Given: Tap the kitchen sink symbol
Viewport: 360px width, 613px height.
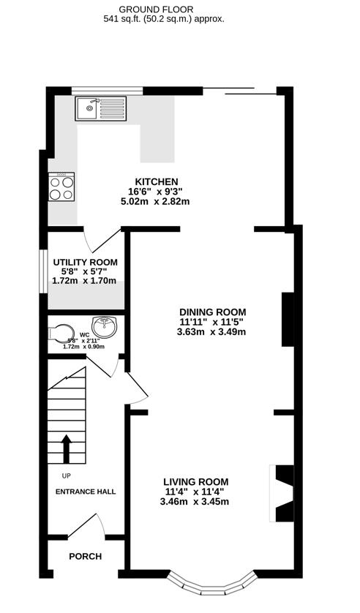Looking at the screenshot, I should pyautogui.click(x=101, y=109).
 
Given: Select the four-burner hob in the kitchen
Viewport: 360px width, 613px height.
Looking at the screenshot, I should pyautogui.click(x=61, y=187).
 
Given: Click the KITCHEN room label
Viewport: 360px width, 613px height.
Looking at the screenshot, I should pyautogui.click(x=156, y=181).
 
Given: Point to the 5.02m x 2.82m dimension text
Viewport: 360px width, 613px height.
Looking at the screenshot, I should pyautogui.click(x=155, y=201).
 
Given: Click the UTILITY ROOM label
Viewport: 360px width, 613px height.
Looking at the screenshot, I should pyautogui.click(x=84, y=262).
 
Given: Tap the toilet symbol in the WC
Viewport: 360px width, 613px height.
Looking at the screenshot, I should pyautogui.click(x=61, y=334).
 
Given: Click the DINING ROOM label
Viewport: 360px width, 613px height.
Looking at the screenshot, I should pyautogui.click(x=211, y=311).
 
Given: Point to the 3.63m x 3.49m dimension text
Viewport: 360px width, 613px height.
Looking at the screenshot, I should pyautogui.click(x=211, y=331).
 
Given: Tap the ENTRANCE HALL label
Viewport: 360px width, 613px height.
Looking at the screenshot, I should pyautogui.click(x=86, y=492).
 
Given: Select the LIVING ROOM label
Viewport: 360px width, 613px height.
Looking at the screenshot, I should pyautogui.click(x=195, y=481).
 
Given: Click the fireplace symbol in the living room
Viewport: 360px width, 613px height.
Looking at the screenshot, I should pyautogui.click(x=282, y=493).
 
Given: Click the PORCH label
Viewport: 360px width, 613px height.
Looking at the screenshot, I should pyautogui.click(x=85, y=557).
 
